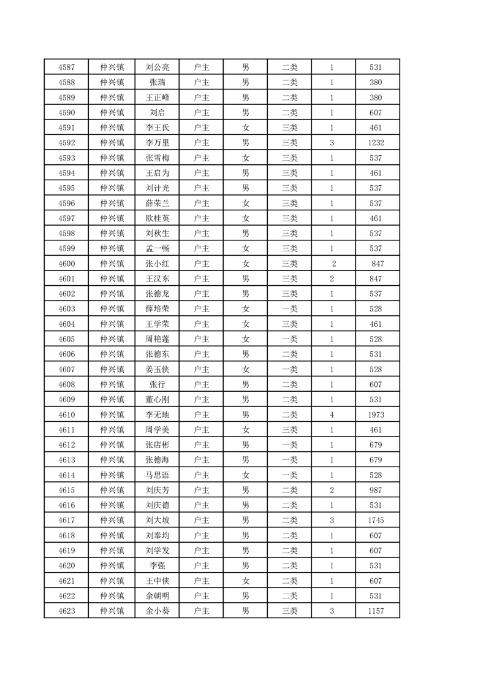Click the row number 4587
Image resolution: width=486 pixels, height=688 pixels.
(x=66, y=67)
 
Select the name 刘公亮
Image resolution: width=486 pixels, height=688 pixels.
(x=157, y=67)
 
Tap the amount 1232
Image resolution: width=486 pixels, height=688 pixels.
(x=376, y=143)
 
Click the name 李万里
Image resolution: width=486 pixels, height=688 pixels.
(x=157, y=143)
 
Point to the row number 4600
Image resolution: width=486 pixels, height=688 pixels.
(x=66, y=264)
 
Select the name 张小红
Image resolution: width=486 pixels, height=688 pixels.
(x=157, y=264)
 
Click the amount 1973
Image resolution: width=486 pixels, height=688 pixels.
(x=376, y=415)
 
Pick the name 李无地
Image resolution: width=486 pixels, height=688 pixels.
(x=157, y=415)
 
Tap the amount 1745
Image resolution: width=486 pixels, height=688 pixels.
(x=376, y=521)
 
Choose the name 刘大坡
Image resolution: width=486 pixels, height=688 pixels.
(x=157, y=521)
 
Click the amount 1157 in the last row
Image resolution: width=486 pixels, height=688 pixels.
(x=376, y=611)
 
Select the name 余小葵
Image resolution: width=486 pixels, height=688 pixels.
(x=157, y=611)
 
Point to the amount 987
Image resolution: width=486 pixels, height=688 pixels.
(x=376, y=491)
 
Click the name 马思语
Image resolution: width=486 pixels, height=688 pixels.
(x=157, y=475)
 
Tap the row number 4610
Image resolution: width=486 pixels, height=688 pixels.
(x=66, y=415)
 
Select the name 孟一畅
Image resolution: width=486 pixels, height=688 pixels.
(x=157, y=249)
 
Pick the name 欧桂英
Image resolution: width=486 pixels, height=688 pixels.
(x=157, y=218)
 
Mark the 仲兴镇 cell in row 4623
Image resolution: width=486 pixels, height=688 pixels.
(x=112, y=611)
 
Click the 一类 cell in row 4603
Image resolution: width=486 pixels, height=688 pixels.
(x=289, y=309)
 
